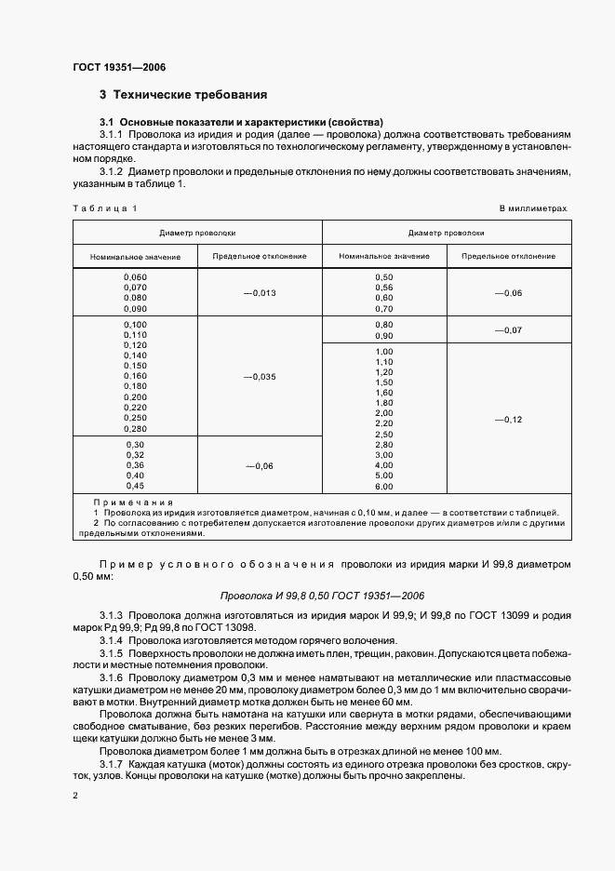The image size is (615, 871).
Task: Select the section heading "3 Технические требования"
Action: [183, 95]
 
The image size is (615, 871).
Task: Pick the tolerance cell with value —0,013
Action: [260, 293]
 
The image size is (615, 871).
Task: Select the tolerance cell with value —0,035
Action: [260, 377]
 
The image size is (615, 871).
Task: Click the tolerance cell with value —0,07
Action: [509, 330]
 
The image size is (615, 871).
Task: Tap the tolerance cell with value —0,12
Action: [509, 420]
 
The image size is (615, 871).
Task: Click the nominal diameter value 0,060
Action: [135, 277]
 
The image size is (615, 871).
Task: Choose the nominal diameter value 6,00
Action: [383, 486]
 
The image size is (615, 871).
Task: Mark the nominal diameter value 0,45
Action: [135, 485]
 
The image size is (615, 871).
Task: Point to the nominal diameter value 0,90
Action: [383, 335]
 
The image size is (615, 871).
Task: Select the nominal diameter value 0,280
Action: [135, 428]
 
